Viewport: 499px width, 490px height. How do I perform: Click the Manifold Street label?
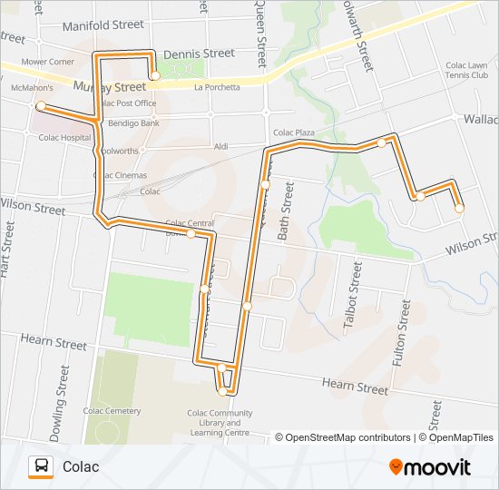[104, 26]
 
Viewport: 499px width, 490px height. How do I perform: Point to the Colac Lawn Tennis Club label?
[466, 71]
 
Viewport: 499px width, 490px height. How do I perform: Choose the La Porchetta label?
[217, 87]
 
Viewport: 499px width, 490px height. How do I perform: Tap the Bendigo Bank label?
[133, 122]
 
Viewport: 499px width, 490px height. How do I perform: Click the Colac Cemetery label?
[113, 411]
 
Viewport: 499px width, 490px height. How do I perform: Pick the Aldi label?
[220, 146]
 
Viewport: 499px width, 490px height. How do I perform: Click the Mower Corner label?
[47, 62]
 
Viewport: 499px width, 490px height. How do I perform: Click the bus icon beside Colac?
[41, 467]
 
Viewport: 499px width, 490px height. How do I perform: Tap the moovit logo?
[430, 467]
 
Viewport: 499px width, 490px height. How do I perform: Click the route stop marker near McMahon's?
[40, 106]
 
